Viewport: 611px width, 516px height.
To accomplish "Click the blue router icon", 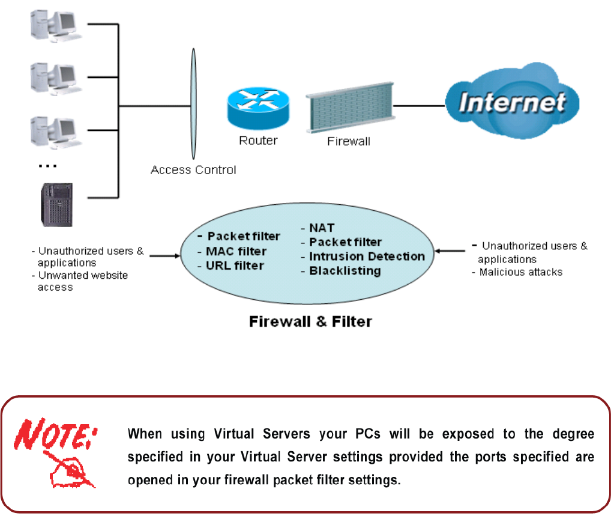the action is pos(258,108).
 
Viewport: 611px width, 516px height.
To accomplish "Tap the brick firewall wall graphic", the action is pos(351,108).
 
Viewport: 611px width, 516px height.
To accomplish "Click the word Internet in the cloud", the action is pos(512,103).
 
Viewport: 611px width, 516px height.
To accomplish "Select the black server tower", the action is pos(57,205).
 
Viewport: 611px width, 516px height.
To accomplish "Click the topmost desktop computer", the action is pos(56,26).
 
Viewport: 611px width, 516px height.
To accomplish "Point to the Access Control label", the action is pos(193,170).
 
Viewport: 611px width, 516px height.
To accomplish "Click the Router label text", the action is pos(258,141).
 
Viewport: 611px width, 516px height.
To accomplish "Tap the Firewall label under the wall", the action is pos(348,141).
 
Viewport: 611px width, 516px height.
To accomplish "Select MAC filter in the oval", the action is pos(236,251).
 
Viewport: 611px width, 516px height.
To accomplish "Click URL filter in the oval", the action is pos(235,266).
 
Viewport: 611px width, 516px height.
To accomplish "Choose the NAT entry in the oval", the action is pos(322,228).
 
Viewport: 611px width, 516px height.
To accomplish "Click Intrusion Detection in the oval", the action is pos(367,256).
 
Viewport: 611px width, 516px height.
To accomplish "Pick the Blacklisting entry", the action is pos(345,271).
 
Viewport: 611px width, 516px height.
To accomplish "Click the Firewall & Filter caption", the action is pos(310,322).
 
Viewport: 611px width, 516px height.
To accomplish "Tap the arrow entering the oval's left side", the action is pos(165,256).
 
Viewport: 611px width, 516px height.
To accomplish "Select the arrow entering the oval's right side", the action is pos(450,250).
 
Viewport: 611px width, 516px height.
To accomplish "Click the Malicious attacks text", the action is pos(520,272).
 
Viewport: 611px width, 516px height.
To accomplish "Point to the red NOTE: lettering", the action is pos(55,434).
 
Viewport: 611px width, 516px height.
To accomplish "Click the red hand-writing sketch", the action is pos(70,470).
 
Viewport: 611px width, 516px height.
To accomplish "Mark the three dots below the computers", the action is pos(47,166).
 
